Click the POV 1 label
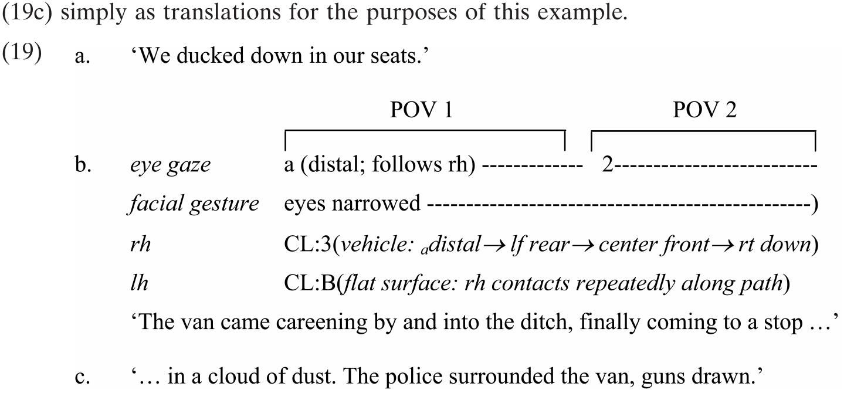pyautogui.click(x=421, y=110)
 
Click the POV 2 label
pyautogui.click(x=704, y=110)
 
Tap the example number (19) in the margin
pyautogui.click(x=22, y=53)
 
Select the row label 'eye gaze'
pyautogui.click(x=170, y=165)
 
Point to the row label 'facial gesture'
pyautogui.click(x=194, y=204)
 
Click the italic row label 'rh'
pyautogui.click(x=140, y=244)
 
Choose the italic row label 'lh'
pyautogui.click(x=139, y=283)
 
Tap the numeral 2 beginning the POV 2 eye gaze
pyautogui.click(x=608, y=165)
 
